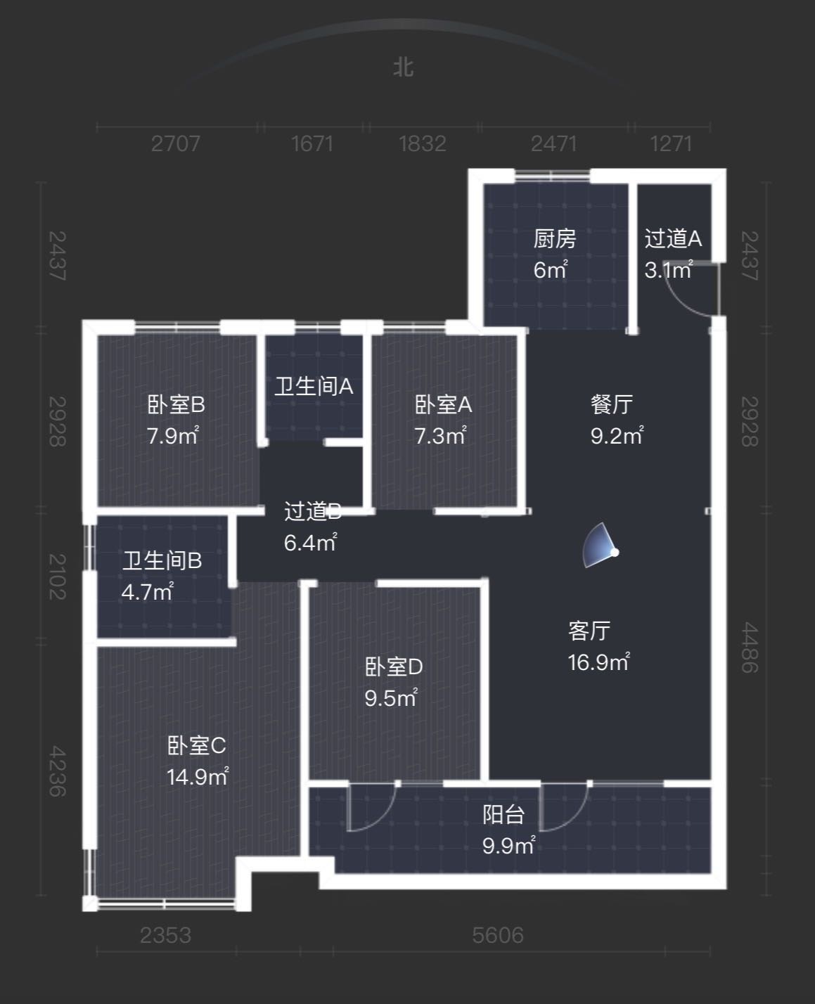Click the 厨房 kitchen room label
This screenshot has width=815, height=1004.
click(555, 239)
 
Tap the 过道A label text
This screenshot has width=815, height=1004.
click(673, 239)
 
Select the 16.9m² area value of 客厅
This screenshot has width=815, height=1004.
click(598, 662)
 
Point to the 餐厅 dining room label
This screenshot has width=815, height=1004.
click(612, 404)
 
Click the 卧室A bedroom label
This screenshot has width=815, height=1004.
click(443, 404)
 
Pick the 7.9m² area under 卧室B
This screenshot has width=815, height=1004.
click(172, 435)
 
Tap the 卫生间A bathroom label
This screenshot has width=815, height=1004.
click(314, 387)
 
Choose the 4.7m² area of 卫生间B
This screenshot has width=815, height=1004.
click(148, 592)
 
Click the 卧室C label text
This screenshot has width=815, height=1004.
click(197, 746)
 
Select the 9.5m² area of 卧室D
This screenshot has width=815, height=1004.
click(391, 698)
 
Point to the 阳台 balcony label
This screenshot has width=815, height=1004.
click(503, 814)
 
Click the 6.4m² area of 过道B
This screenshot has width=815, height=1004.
click(311, 543)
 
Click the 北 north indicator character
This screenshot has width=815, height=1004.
click(404, 68)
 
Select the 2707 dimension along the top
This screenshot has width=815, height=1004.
click(175, 143)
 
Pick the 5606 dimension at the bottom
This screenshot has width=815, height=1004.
click(498, 935)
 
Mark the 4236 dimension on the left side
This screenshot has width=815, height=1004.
click(58, 771)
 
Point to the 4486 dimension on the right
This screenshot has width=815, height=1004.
click(750, 647)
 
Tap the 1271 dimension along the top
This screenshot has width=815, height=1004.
click(671, 143)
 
